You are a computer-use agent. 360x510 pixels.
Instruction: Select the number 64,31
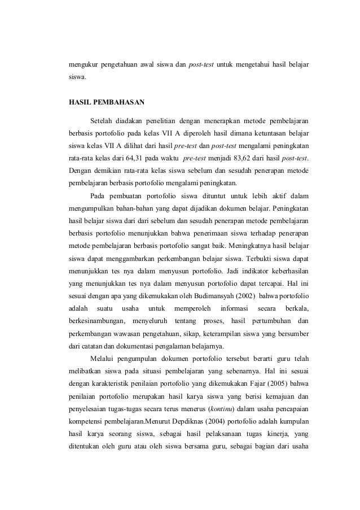tap(127, 158)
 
